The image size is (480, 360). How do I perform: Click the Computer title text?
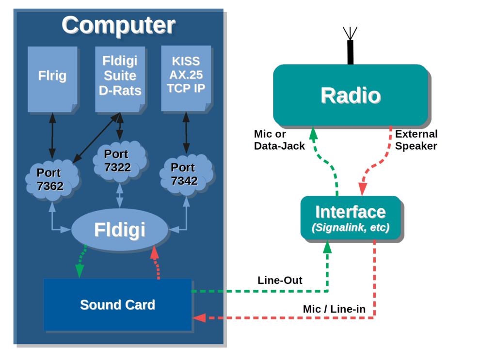(x=118, y=25)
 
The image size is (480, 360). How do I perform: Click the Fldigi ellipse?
(x=120, y=230)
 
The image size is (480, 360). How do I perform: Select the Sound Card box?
(x=117, y=305)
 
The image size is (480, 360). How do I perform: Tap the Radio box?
(x=350, y=95)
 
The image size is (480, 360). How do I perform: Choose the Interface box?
(x=350, y=218)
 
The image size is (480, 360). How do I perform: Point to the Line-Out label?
(x=280, y=281)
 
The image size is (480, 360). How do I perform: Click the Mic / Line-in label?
(x=334, y=309)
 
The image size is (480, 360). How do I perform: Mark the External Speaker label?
(x=416, y=140)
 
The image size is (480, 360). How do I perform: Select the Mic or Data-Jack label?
(x=279, y=140)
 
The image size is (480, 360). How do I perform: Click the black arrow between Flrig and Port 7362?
(x=52, y=136)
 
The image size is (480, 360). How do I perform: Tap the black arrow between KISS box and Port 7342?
(x=186, y=133)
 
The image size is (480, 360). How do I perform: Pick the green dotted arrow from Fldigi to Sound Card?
(x=81, y=262)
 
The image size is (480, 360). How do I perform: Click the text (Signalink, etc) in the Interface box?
(x=350, y=227)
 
